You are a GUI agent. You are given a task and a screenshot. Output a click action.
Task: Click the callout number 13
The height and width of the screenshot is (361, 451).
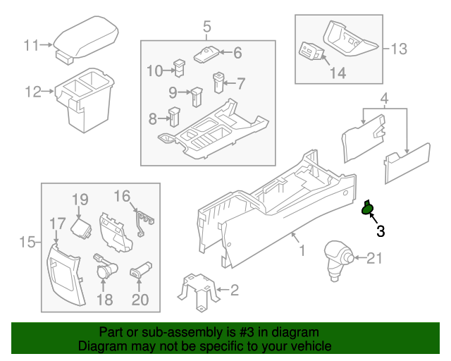tap(398, 49)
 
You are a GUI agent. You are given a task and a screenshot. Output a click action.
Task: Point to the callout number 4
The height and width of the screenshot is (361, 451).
tap(384, 97)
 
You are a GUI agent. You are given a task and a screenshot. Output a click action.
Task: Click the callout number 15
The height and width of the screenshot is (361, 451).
tap(27, 243)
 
